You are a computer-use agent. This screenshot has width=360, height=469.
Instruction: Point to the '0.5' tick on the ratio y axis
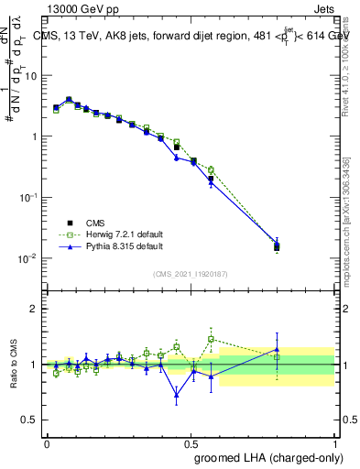click(x=32, y=420)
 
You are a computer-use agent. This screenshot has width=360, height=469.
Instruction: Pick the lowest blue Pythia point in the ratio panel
click(x=176, y=396)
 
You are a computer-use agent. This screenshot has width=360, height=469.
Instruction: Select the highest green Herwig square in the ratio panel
click(x=211, y=339)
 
